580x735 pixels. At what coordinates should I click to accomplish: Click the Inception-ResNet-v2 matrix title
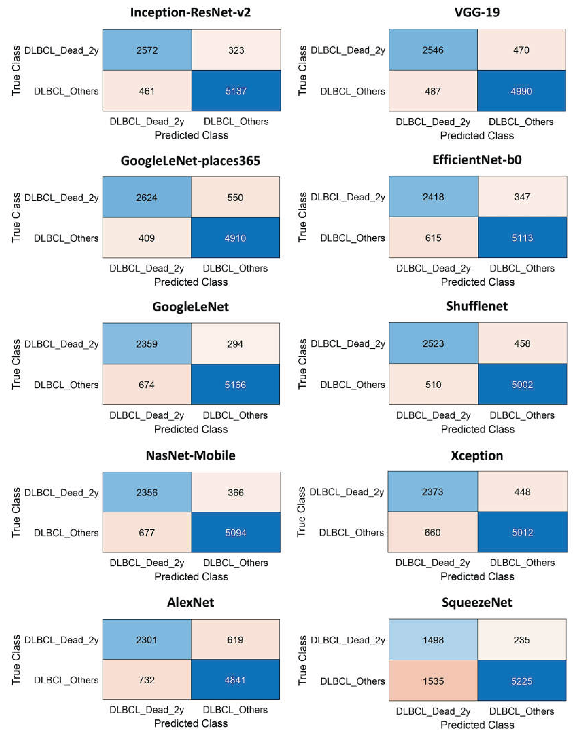pyautogui.click(x=191, y=13)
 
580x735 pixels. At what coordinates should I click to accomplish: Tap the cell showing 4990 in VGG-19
pyautogui.click(x=521, y=91)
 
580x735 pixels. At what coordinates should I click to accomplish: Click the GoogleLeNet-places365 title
pyautogui.click(x=191, y=160)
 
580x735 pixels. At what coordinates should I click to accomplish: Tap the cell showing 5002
pyautogui.click(x=522, y=384)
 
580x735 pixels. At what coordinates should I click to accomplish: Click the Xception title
pyautogui.click(x=477, y=455)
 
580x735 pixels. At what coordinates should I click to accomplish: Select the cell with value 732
pyautogui.click(x=147, y=680)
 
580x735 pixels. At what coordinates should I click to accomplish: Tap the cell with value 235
pyautogui.click(x=522, y=640)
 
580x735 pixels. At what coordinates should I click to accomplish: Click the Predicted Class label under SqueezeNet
pyautogui.click(x=477, y=724)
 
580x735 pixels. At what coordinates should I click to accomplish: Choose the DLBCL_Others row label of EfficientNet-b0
pyautogui.click(x=353, y=238)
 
